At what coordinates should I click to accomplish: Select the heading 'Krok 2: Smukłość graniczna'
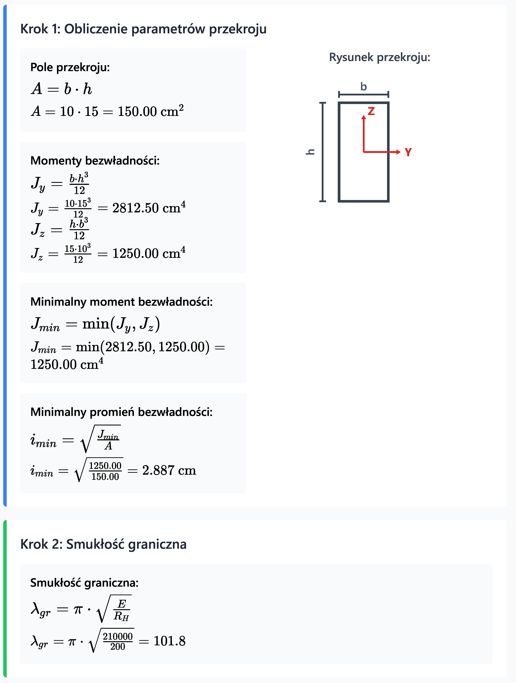point(103,544)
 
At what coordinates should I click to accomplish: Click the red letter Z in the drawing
point(371,111)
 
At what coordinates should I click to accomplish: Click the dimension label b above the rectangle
point(364,87)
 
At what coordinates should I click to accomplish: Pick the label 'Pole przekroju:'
point(70,67)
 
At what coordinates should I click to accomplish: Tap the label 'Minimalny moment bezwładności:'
point(122,302)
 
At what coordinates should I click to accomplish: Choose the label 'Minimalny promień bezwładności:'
point(122,412)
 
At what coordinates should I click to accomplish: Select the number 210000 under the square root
point(118,636)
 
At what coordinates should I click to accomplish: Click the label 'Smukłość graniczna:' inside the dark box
point(84,583)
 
